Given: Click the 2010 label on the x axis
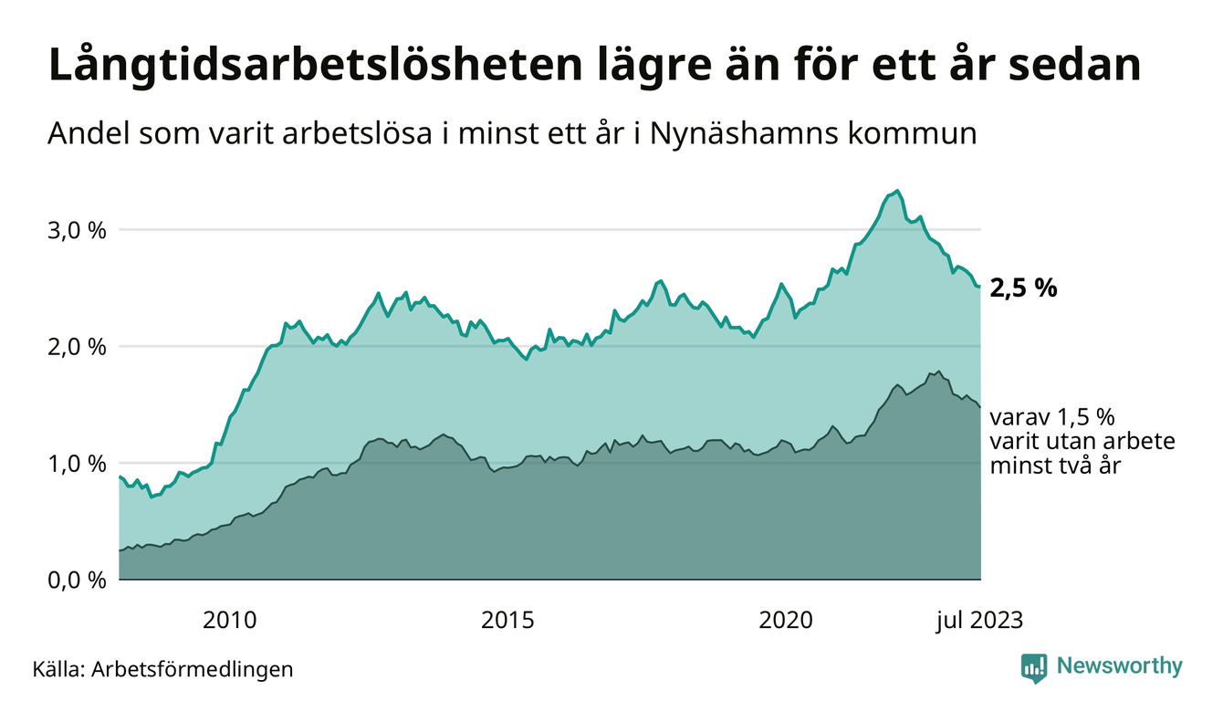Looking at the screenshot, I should point(229,621).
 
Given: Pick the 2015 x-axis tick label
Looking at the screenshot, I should point(507,621).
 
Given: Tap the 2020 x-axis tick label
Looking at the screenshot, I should point(786,621).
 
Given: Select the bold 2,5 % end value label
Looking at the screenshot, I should point(1023,288).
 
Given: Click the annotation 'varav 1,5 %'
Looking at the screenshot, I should point(1052,418).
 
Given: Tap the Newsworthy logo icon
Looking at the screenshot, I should point(1033,667).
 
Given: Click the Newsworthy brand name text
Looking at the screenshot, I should point(1119,666).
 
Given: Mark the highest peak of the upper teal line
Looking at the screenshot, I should point(898,191).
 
